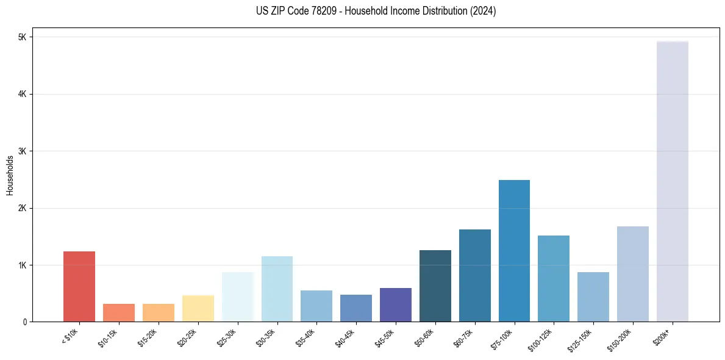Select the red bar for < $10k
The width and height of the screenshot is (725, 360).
coord(79,287)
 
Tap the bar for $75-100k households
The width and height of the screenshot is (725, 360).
coord(514,251)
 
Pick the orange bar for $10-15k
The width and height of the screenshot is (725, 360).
coord(119,313)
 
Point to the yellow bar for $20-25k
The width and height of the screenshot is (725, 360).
coord(198,308)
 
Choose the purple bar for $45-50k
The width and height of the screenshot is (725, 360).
coord(395,305)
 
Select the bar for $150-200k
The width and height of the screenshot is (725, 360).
coord(632,274)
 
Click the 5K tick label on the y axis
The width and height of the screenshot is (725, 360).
coord(23,37)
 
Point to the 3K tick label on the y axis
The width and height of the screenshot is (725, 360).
coord(23,151)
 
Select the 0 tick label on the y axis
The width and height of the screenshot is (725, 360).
coord(25,322)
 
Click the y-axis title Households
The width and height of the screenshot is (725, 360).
coord(10,175)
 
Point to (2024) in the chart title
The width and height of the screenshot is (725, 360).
coord(483,12)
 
